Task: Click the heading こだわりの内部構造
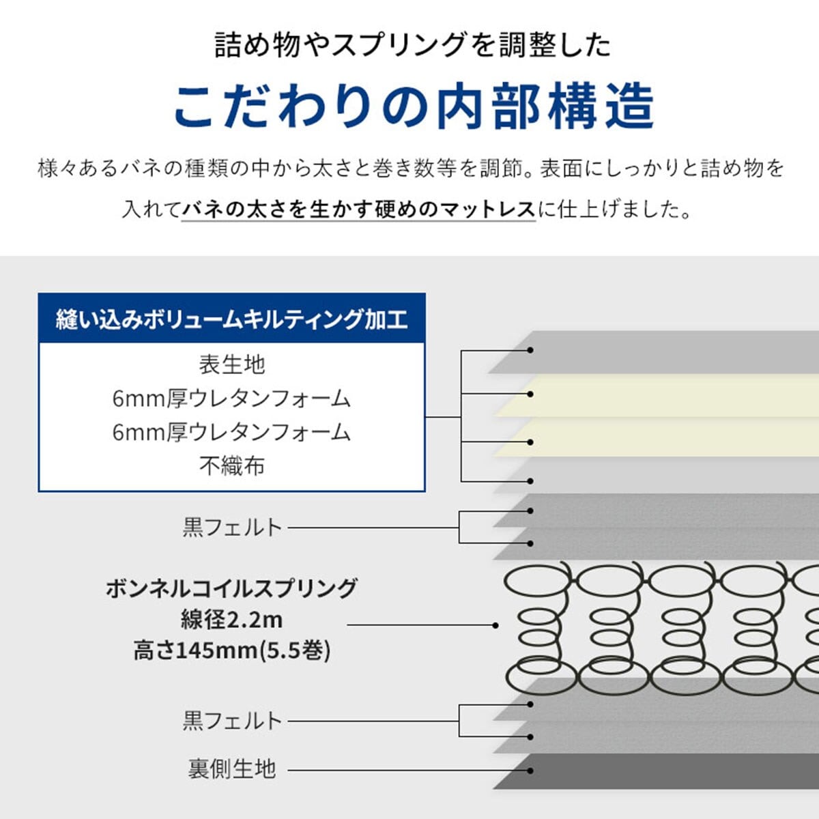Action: click(413, 106)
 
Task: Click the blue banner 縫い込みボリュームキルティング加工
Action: click(231, 319)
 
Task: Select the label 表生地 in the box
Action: click(231, 364)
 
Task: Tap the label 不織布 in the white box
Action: click(231, 466)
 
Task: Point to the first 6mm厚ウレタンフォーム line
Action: click(231, 399)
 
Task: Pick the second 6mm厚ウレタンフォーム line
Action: click(231, 433)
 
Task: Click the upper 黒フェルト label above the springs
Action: click(232, 528)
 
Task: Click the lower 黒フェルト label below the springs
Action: click(232, 721)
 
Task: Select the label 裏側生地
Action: click(232, 769)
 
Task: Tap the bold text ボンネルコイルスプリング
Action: click(231, 588)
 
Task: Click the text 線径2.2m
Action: click(231, 620)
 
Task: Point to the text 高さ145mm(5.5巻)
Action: click(231, 650)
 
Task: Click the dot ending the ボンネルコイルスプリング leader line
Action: click(495, 625)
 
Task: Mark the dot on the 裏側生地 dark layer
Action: click(530, 771)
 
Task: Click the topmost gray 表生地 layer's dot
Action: click(530, 350)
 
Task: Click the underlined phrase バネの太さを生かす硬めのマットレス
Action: click(359, 209)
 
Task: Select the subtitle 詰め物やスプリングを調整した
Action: click(413, 45)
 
